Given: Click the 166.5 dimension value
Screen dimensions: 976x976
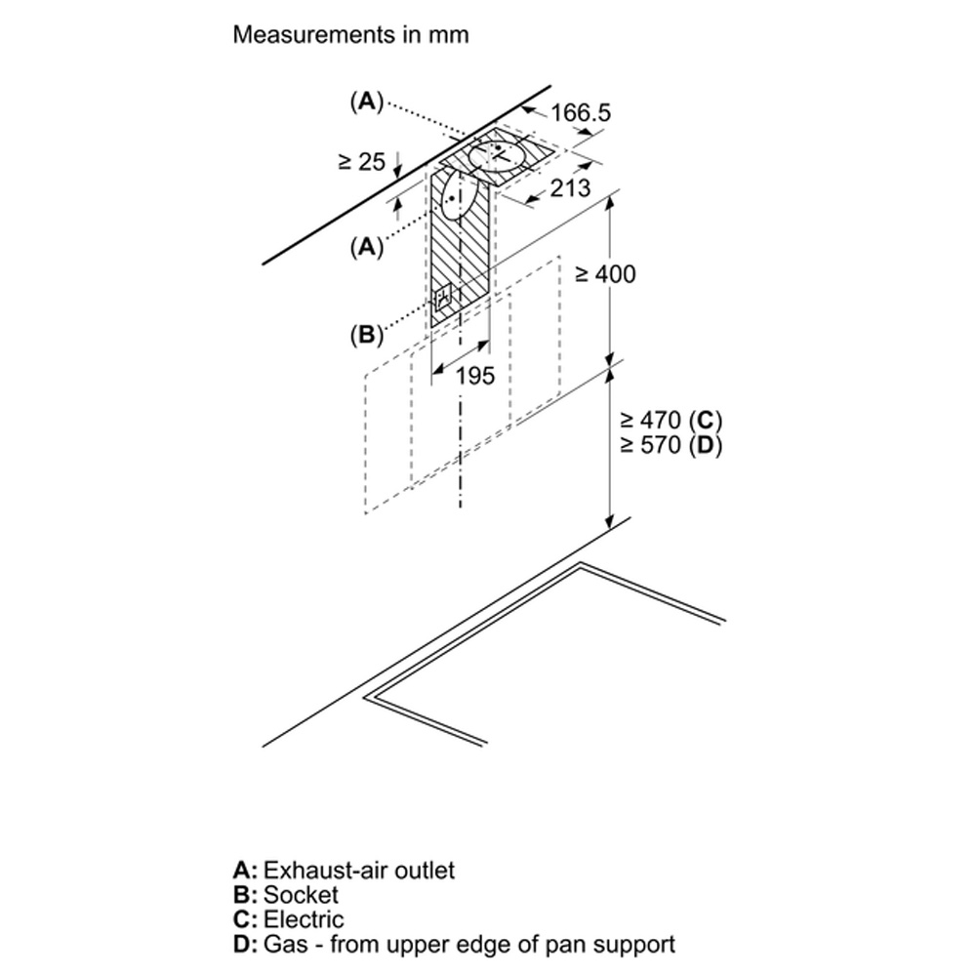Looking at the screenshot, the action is (580, 112).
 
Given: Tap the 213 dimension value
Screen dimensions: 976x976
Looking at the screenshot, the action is (570, 187).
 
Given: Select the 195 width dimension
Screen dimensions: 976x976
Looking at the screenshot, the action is (475, 376).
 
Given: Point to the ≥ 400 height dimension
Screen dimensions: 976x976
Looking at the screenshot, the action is (605, 274).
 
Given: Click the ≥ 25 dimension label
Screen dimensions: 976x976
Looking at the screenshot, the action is (362, 162).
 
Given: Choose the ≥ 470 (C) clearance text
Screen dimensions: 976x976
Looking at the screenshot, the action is (671, 421).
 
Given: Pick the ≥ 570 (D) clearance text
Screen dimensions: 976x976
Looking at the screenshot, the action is (671, 445).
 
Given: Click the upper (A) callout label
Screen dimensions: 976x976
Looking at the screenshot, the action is (367, 101).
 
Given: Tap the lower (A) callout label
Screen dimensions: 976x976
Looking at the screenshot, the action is (367, 247).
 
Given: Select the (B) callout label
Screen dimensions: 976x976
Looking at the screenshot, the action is (366, 335).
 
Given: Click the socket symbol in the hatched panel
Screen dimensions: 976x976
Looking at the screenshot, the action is (443, 298).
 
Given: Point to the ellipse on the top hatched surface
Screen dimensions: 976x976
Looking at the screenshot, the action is (498, 155).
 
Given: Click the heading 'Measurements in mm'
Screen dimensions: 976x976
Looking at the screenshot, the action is (350, 34).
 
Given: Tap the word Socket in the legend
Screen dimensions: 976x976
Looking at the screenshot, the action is (302, 894).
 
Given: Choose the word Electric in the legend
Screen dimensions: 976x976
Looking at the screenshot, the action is (304, 919).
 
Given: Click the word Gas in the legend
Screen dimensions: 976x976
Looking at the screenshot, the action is (286, 944).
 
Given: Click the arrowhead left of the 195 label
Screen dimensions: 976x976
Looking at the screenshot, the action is (437, 370).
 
